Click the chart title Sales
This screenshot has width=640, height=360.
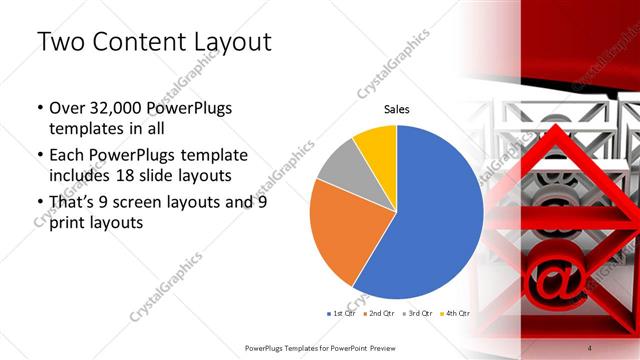(398, 109)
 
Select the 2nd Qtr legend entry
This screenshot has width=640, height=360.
(379, 313)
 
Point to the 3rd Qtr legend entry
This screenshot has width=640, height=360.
(418, 313)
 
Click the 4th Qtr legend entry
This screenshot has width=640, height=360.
(457, 313)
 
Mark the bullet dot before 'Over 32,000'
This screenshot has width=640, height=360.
(39, 109)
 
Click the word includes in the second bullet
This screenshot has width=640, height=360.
(83, 176)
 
